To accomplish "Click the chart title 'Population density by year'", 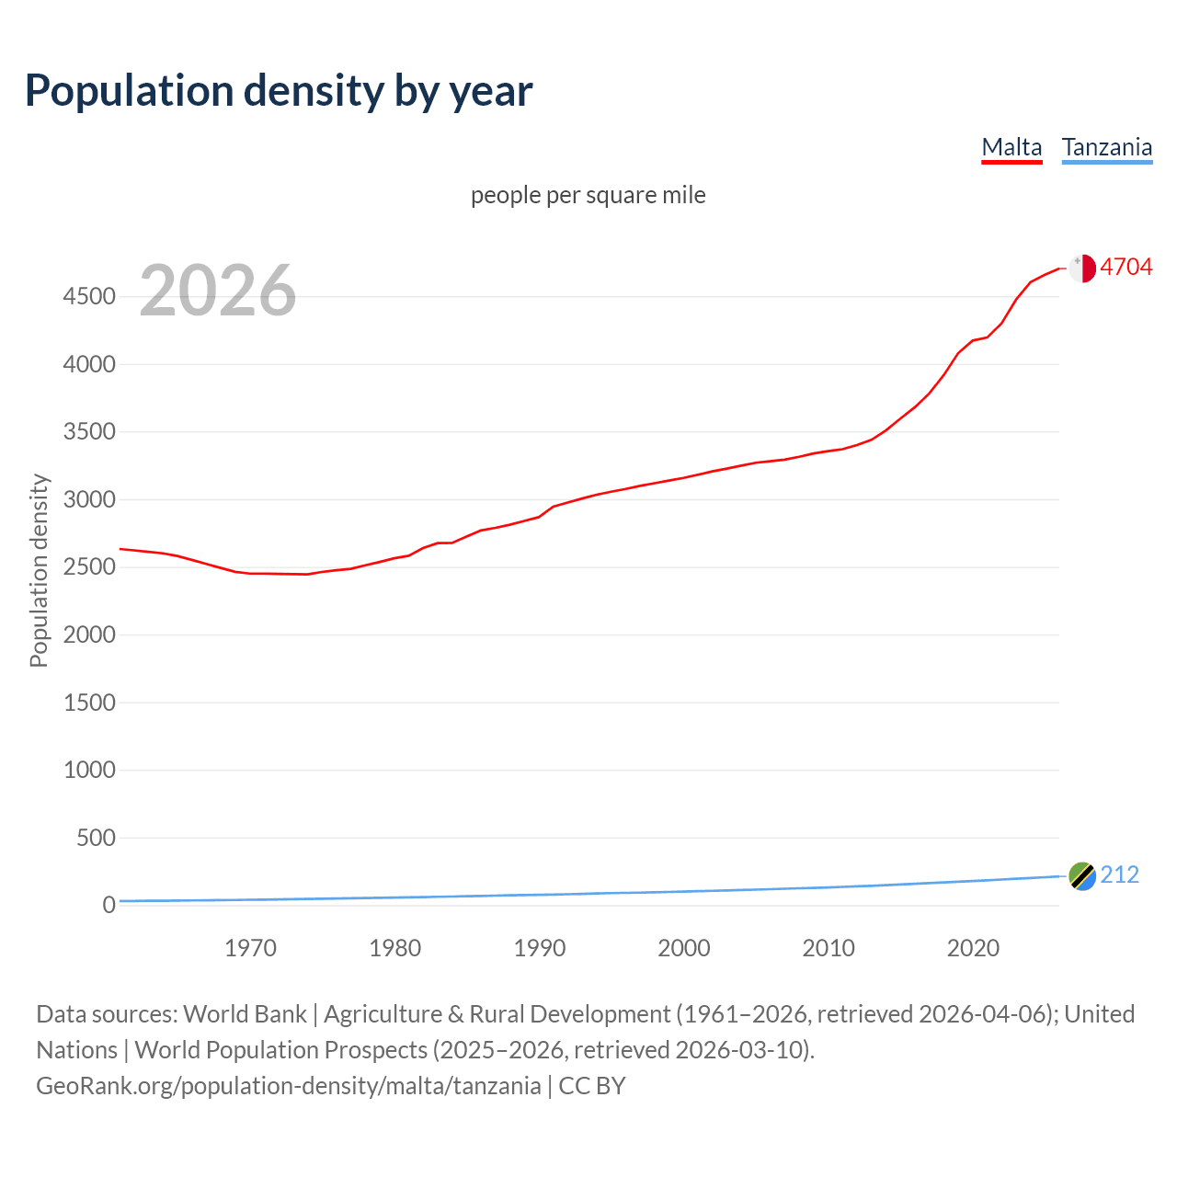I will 279,91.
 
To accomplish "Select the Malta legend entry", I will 1011,147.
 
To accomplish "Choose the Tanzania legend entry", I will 1106,147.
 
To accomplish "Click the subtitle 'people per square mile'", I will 588,195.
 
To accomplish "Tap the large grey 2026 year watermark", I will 218,291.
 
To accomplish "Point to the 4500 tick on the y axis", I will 89,296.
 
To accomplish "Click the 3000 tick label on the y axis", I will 89,499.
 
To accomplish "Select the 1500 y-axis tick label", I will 89,703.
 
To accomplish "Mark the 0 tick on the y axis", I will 109,905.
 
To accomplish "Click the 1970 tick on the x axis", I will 250,948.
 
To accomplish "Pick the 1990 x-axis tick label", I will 540,948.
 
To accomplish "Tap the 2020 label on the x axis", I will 973,948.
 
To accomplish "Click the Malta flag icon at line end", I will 1082,268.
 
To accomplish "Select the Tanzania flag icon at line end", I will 1082,876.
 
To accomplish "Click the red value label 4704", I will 1126,267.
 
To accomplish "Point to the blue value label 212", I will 1119,874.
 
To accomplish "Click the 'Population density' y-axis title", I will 39,570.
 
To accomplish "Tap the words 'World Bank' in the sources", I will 245,1013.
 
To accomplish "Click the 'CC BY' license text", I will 592,1086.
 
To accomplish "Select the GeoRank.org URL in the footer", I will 288,1086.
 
